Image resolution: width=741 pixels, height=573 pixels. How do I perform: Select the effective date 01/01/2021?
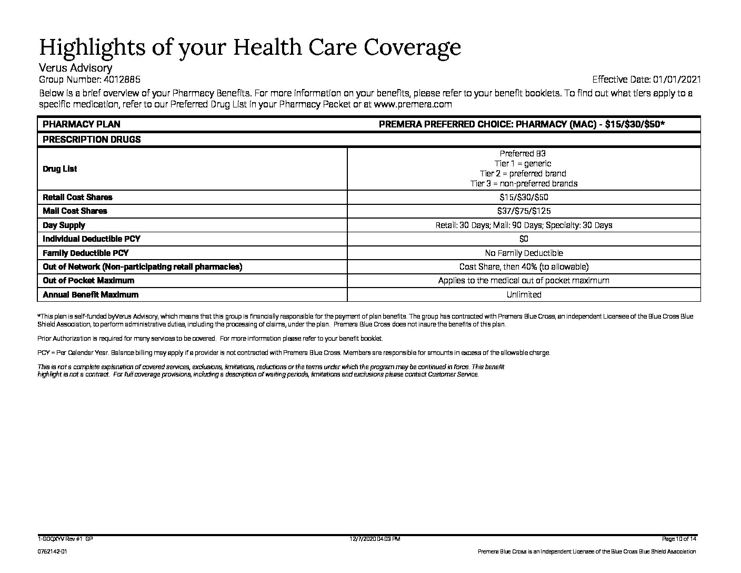coord(677,80)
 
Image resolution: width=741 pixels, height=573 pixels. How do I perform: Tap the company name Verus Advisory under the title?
coord(75,68)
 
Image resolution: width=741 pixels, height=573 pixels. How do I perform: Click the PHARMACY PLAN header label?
coord(81,124)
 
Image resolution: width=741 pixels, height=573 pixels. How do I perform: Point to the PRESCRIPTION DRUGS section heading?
coord(92,140)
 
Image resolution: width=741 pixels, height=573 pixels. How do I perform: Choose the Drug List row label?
coord(59,169)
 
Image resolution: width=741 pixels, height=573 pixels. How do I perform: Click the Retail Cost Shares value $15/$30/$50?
coord(523,197)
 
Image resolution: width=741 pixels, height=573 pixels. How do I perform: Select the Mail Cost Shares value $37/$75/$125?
coord(523,211)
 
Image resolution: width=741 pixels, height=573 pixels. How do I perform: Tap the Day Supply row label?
coord(64,225)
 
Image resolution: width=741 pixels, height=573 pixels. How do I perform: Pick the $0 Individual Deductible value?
coord(524,239)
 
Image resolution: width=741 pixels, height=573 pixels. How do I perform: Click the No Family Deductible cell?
coord(524,253)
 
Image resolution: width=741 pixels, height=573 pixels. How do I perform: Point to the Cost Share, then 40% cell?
coord(524,266)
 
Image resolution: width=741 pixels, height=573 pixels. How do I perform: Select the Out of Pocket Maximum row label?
coord(88,280)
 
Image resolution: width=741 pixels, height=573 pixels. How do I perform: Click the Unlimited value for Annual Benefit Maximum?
coord(524,294)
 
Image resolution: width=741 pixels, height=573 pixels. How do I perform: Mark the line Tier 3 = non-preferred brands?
coord(524,183)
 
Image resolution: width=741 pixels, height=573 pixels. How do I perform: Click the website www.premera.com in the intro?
coord(413,104)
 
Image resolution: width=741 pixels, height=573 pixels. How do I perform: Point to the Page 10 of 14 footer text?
coord(679,539)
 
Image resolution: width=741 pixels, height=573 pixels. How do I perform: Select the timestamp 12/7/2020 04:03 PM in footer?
coord(375,539)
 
